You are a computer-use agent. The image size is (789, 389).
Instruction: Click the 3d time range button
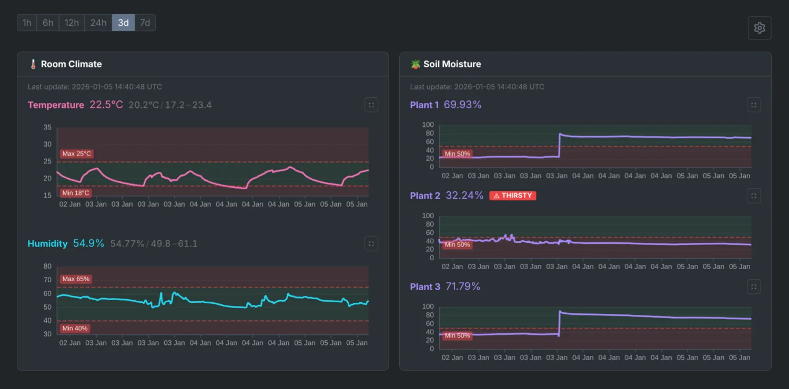[123, 23]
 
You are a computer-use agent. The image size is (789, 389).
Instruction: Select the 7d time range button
[145, 23]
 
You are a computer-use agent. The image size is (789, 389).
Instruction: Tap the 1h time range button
[27, 23]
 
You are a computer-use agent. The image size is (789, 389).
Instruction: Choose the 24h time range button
[98, 23]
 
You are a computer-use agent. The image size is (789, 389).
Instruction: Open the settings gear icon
[759, 28]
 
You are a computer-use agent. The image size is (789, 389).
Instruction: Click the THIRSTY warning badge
[512, 196]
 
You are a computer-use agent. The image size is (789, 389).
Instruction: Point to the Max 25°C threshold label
[76, 154]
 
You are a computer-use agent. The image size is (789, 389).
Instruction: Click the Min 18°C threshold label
[75, 193]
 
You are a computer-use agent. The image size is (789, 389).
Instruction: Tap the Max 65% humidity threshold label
[76, 279]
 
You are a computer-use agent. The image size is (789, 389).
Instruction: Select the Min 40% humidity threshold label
[75, 329]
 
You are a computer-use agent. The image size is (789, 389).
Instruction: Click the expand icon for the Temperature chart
[371, 105]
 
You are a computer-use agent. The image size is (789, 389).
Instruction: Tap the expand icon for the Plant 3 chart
[753, 286]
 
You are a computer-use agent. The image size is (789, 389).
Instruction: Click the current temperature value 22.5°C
[106, 105]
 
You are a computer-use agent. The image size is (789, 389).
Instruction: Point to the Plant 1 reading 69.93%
[462, 105]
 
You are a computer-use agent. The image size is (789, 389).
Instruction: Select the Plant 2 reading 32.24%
[464, 196]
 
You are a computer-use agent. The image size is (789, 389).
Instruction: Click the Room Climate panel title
[71, 64]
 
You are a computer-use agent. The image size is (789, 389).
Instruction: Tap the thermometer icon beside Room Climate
[33, 64]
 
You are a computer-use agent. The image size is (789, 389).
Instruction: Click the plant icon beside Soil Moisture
[416, 64]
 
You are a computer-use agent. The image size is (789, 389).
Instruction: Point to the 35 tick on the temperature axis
[47, 127]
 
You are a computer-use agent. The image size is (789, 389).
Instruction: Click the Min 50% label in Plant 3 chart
[457, 335]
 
